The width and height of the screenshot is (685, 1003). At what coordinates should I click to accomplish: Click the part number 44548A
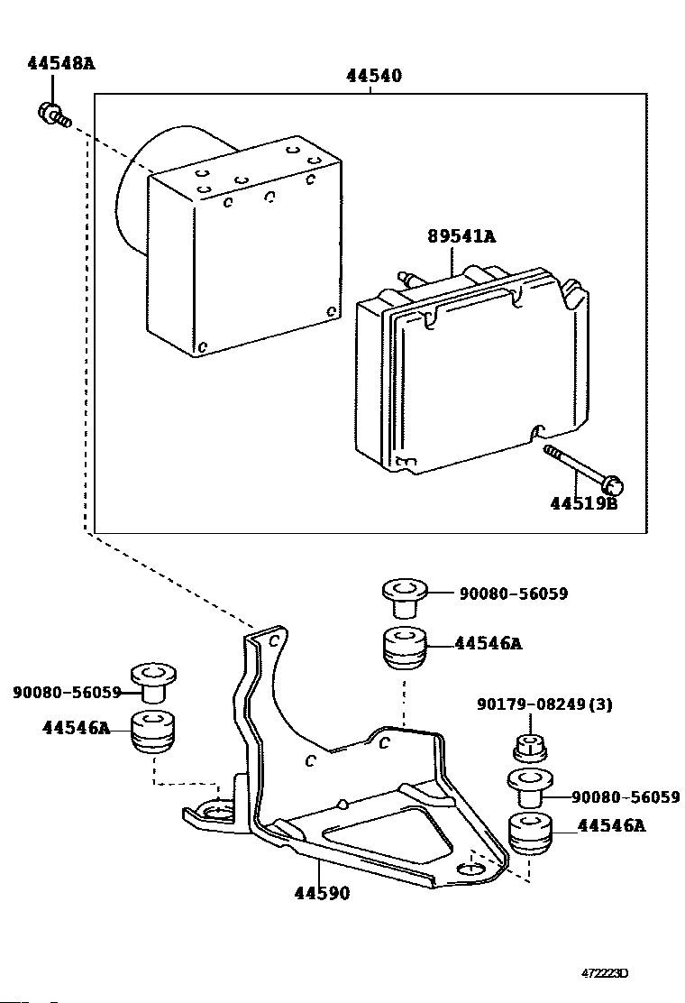click(60, 63)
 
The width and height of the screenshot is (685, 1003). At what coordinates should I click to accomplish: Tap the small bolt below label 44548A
click(54, 115)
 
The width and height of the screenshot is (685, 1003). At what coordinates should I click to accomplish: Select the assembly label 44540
click(374, 76)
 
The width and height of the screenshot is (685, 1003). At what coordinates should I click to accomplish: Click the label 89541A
click(461, 236)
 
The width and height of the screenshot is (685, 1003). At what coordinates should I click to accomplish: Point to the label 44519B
click(584, 503)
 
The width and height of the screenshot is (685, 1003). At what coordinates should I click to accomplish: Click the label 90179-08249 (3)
click(544, 704)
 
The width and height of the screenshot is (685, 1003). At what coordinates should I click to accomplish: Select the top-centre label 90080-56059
click(514, 594)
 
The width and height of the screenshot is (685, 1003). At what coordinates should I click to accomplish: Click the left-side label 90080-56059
click(67, 692)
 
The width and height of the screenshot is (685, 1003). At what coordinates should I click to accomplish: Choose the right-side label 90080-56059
click(626, 797)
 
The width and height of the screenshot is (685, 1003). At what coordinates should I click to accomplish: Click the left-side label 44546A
click(77, 727)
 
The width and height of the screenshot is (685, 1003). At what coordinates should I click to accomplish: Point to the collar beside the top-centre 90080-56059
click(405, 599)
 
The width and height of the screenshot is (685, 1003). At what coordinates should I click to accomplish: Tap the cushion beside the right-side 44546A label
click(531, 833)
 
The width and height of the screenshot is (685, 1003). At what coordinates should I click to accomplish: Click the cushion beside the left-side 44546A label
click(153, 732)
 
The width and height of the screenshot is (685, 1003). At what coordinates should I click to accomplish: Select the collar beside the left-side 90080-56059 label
click(153, 684)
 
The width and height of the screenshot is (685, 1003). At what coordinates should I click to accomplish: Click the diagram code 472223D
click(605, 973)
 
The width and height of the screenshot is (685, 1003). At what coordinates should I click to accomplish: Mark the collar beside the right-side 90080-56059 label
click(530, 787)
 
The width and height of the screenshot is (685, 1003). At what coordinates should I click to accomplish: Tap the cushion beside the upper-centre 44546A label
click(405, 649)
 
